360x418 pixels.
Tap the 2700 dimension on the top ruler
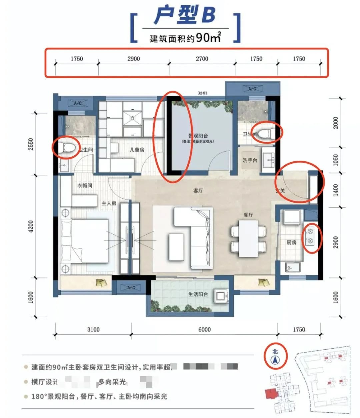pyautogui.click(x=202, y=59)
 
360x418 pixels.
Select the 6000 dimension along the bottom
pyautogui.click(x=204, y=329)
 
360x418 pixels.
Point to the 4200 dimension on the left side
pyautogui.click(x=31, y=227)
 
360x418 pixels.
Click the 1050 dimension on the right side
pyautogui.click(x=335, y=160)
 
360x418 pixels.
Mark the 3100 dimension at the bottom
pyautogui.click(x=93, y=329)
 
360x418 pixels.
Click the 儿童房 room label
pyautogui.click(x=137, y=150)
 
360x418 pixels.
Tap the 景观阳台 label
pyautogui.click(x=198, y=136)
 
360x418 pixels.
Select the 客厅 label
pyautogui.click(x=198, y=191)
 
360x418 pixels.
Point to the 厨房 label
pyautogui.click(x=291, y=242)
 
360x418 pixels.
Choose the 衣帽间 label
pyautogui.click(x=85, y=185)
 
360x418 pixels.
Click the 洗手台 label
pyautogui.click(x=250, y=160)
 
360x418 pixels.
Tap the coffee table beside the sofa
pyautogui.click(x=176, y=247)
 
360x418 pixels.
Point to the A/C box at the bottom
pyautogui.click(x=131, y=288)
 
